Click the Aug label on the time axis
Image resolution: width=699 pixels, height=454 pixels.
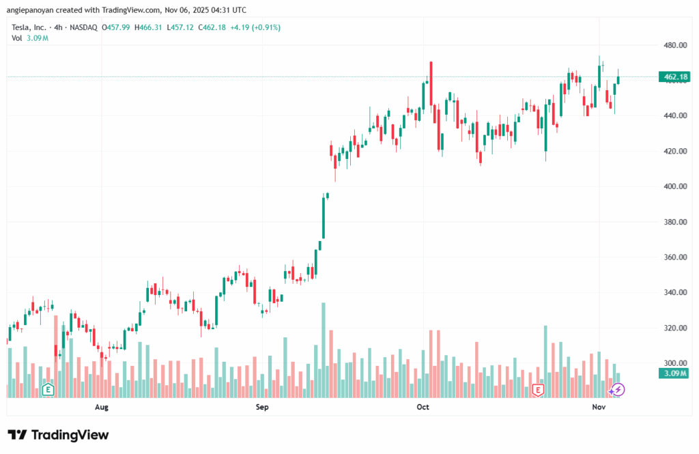click(x=102, y=408)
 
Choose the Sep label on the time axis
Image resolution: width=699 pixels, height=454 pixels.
click(x=262, y=408)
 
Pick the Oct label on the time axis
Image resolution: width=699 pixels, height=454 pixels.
click(x=423, y=408)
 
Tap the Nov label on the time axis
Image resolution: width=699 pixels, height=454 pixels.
click(x=599, y=408)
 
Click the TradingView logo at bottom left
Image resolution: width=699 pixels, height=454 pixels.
click(x=58, y=435)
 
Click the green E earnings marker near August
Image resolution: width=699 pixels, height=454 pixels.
click(x=48, y=390)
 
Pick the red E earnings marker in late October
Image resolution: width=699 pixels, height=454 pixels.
click(x=538, y=390)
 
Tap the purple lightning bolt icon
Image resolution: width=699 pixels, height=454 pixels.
click(x=617, y=390)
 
